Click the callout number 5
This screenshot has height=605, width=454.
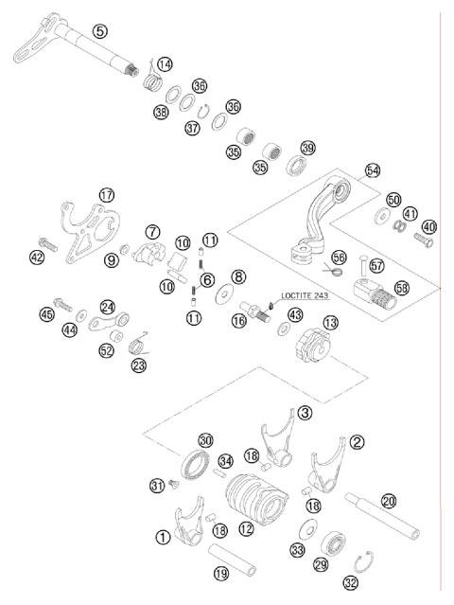[x=99, y=31]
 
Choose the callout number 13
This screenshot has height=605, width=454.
[x=329, y=323]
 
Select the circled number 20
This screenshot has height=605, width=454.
[x=388, y=502]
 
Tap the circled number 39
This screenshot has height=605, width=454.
[x=307, y=148]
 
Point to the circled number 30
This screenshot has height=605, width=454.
[x=206, y=439]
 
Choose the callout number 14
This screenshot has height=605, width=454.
[x=166, y=64]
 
